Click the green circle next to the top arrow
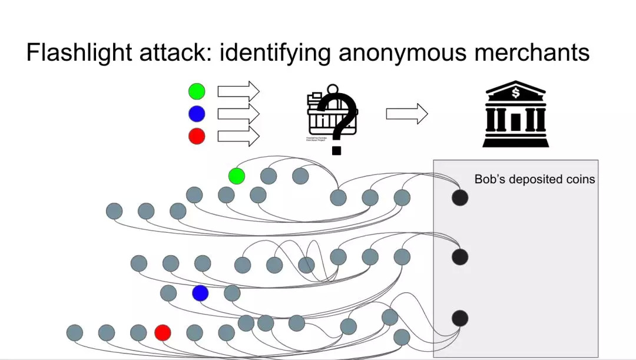click(197, 91)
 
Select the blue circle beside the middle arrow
click(197, 114)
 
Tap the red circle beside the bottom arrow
click(197, 136)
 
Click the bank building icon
click(515, 114)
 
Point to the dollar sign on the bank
click(516, 93)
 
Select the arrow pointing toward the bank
click(406, 114)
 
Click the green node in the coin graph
click(237, 176)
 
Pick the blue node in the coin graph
click(200, 293)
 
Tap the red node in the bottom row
click(163, 333)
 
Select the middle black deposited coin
click(460, 257)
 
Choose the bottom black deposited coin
click(460, 318)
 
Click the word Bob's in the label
click(490, 179)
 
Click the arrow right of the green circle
click(238, 91)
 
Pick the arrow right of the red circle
click(238, 136)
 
